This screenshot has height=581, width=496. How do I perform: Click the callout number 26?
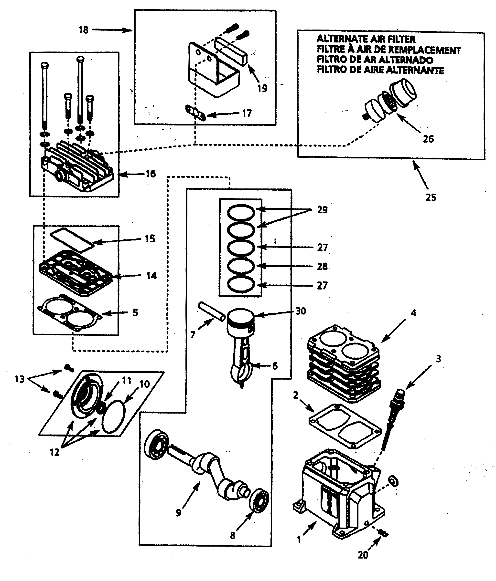tap(428, 139)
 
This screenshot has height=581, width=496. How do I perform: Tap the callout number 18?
tap(83, 30)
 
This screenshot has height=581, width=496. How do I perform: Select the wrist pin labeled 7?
tap(212, 311)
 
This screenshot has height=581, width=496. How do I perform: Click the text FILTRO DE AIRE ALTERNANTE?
tap(380, 70)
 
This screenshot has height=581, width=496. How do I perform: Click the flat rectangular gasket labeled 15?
tap(72, 240)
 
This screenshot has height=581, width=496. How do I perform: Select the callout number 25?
tap(430, 197)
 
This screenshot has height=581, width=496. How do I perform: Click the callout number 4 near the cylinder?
tap(413, 313)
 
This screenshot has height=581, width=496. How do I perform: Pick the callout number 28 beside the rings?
tap(322, 266)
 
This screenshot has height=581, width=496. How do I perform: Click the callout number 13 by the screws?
tap(19, 379)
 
